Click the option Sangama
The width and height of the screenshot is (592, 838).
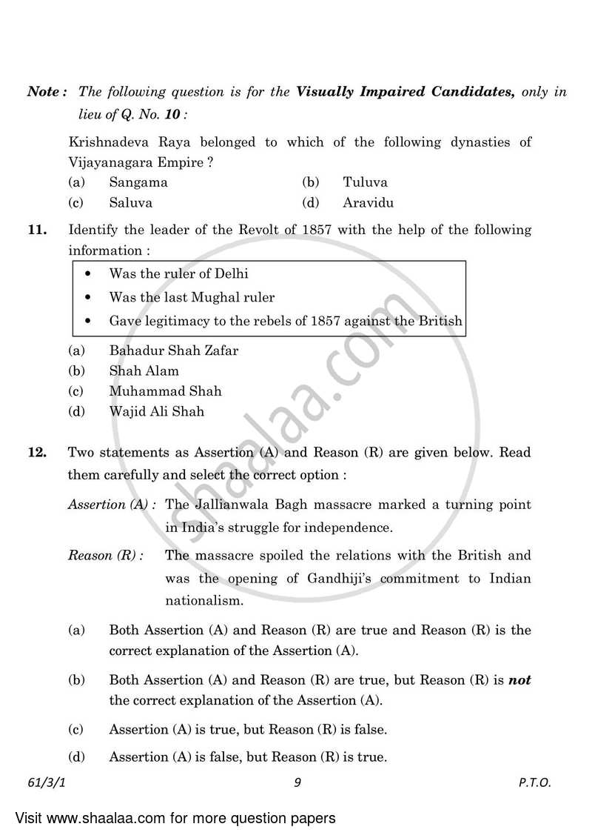click(138, 182)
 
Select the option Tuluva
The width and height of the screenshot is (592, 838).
click(365, 182)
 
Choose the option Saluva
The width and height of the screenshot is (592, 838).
click(130, 202)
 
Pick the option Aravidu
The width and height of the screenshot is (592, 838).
click(368, 202)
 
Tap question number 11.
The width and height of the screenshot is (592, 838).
click(37, 230)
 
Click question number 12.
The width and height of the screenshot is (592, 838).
click(37, 452)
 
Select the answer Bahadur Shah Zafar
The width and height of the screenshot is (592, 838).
click(173, 350)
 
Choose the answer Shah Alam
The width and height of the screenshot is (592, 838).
click(144, 370)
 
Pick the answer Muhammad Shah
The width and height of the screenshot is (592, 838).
click(165, 390)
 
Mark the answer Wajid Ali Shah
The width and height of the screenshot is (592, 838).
click(156, 411)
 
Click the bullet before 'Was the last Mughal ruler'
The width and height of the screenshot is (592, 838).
click(89, 298)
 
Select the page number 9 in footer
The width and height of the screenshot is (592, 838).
click(296, 782)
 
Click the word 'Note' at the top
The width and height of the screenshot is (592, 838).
click(44, 93)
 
